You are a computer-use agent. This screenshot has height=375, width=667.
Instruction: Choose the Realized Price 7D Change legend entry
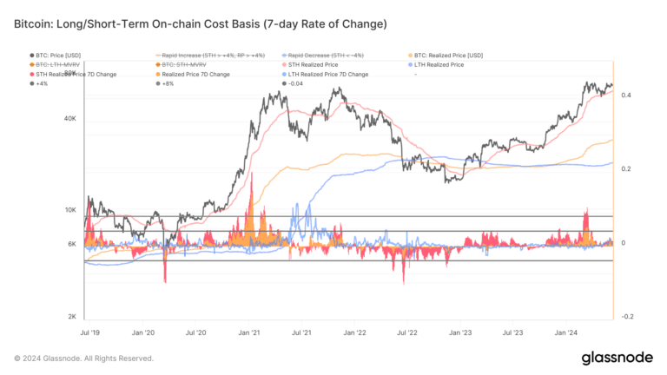[196, 75]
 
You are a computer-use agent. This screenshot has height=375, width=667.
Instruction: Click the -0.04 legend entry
[294, 84]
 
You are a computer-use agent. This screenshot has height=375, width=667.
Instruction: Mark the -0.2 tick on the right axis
[626, 317]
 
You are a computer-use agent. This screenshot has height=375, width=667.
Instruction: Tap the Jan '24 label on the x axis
[566, 332]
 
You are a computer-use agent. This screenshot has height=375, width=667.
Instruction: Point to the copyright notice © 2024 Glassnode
[84, 358]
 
